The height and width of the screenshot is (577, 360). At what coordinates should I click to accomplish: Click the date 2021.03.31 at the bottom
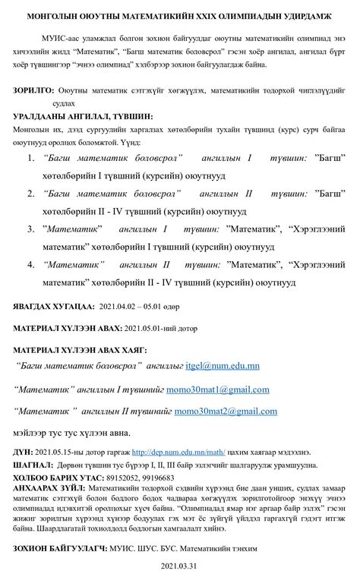click(x=180, y=566)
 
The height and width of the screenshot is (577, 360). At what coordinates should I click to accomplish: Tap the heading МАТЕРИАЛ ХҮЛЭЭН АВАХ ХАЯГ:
click(x=81, y=350)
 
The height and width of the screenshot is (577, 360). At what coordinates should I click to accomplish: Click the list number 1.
click(x=31, y=159)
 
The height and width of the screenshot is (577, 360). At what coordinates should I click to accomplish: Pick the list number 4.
click(x=31, y=266)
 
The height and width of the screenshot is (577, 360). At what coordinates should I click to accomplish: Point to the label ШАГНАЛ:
click(x=31, y=464)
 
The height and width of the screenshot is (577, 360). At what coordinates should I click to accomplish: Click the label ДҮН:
click(x=23, y=450)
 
